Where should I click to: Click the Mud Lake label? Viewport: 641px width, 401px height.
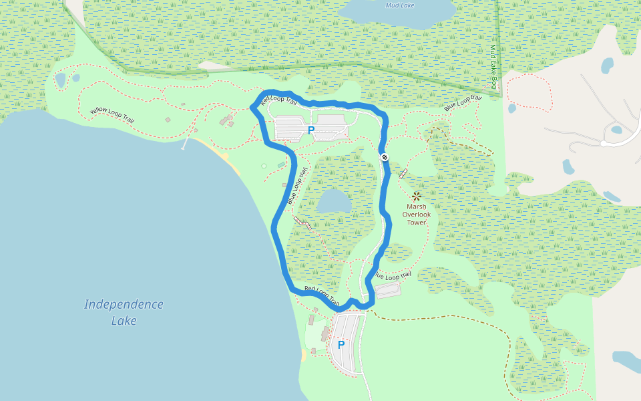400,5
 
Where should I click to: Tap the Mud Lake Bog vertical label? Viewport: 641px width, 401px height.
493,68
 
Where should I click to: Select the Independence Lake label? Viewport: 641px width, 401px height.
124,312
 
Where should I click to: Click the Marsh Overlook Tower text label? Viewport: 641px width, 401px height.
416,215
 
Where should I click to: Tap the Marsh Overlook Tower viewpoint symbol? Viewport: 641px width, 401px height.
416,196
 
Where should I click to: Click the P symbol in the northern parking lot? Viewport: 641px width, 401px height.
310,130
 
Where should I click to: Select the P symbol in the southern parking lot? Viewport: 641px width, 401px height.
341,345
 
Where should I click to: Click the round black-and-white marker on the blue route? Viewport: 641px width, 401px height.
385,157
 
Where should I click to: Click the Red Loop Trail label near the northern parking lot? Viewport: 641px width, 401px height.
278,101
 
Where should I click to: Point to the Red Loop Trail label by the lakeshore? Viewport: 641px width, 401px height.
322,295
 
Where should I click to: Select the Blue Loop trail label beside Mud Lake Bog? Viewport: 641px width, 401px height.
463,103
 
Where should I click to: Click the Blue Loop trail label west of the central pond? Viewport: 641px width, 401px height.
297,186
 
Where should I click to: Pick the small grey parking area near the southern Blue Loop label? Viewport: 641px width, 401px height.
388,291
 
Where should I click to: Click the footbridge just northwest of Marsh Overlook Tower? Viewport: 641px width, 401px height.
403,173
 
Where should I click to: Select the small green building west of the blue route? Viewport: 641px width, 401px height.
282,164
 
